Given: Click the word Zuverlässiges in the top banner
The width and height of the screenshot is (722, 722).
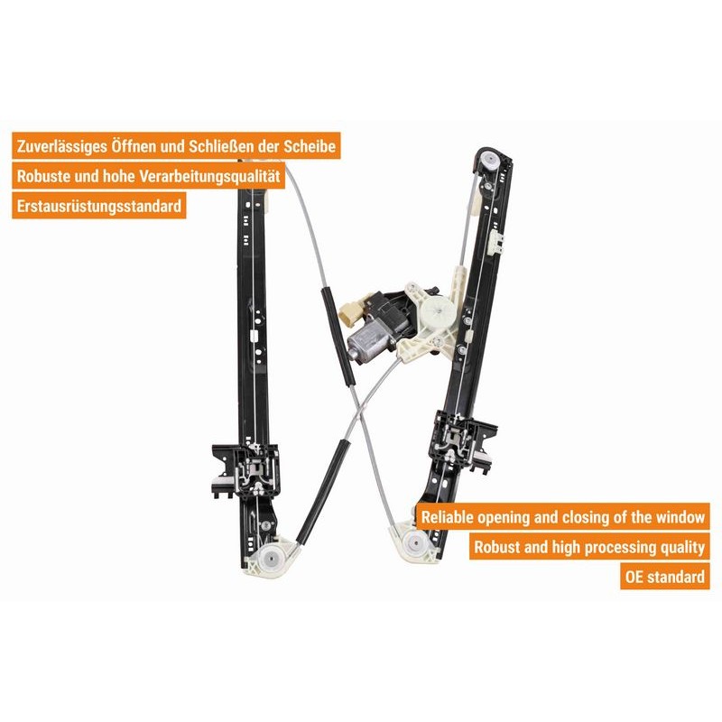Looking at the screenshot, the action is click(x=60, y=146).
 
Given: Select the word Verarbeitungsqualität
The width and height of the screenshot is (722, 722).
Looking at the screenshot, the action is click(x=209, y=176).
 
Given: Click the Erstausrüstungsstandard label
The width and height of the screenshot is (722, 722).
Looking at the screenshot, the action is click(x=99, y=206).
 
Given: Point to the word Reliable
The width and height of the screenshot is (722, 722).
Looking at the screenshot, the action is click(x=447, y=517).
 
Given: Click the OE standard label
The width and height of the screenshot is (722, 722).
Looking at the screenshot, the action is click(x=665, y=577).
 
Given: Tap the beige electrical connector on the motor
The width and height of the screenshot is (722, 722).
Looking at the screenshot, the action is click(x=350, y=313).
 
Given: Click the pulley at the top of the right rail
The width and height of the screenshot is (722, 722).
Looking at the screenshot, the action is click(x=489, y=162).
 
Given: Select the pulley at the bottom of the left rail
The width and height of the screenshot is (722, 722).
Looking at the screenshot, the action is click(x=270, y=560).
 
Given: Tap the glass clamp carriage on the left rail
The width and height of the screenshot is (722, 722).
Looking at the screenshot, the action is click(x=245, y=470).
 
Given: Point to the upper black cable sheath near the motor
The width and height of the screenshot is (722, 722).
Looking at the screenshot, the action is click(x=337, y=335).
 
